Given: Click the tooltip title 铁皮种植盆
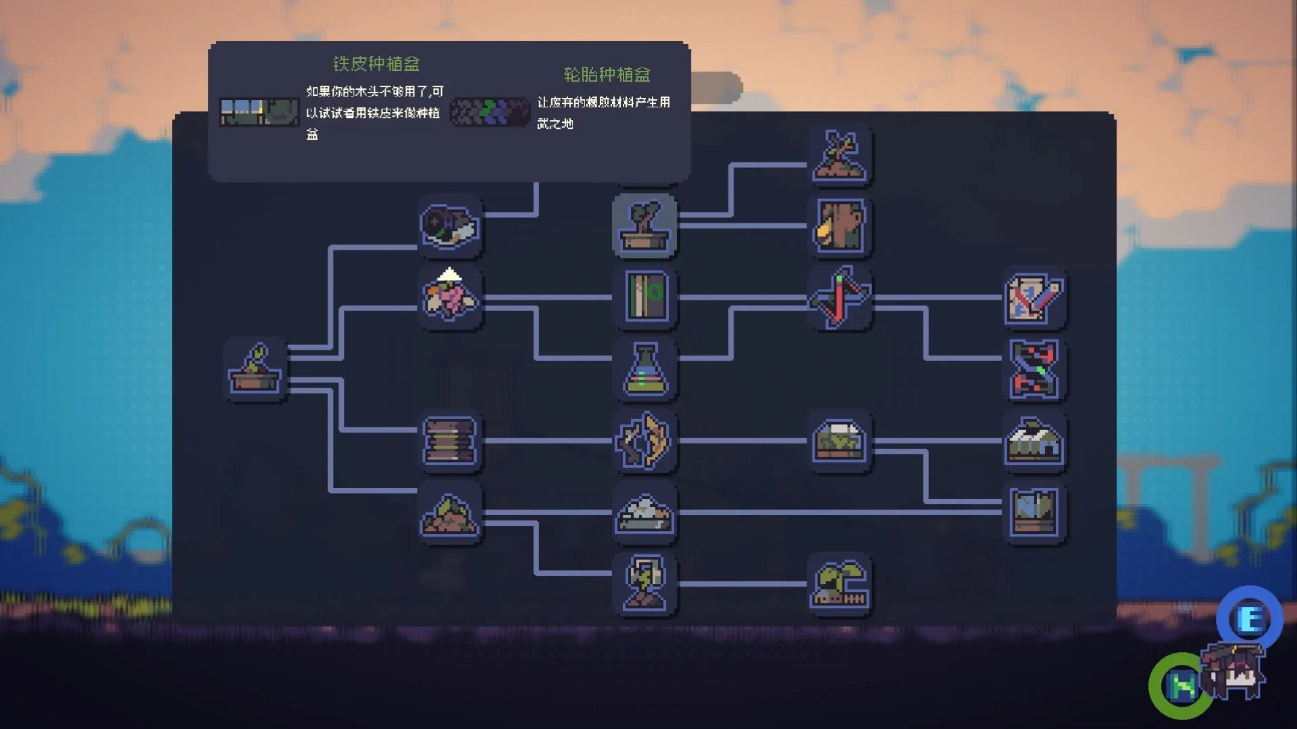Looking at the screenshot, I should (x=376, y=64).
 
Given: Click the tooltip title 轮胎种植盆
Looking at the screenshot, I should (x=607, y=74).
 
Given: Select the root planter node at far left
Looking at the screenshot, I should (x=255, y=369).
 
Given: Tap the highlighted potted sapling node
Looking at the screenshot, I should (x=644, y=225).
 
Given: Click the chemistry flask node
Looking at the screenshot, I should (x=644, y=369).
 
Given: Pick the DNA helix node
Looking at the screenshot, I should (x=1034, y=369).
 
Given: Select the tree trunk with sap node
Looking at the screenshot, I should (x=840, y=225).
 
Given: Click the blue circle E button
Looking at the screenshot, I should (x=1249, y=619).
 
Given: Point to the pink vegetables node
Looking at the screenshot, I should (x=450, y=297).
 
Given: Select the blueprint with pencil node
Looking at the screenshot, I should (x=1034, y=297).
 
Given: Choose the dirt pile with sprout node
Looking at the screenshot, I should (x=450, y=514).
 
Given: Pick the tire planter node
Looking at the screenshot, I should (x=450, y=225).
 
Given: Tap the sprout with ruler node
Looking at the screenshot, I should (x=840, y=585).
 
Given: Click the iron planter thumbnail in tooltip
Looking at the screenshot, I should (x=259, y=112).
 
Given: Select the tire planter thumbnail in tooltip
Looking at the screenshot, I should (x=489, y=112).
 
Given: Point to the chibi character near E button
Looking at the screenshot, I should (x=1233, y=672).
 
